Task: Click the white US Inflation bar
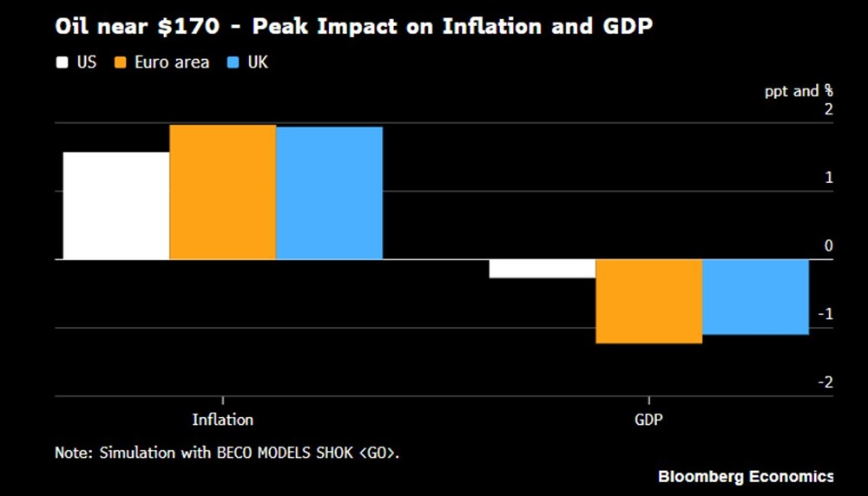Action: (x=116, y=206)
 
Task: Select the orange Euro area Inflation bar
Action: (x=222, y=192)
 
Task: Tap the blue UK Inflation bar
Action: (x=329, y=193)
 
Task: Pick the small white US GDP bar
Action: (x=542, y=269)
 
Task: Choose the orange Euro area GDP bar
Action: (x=648, y=301)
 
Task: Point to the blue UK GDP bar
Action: (x=755, y=297)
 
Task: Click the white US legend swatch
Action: (x=62, y=62)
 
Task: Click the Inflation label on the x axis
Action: (x=222, y=420)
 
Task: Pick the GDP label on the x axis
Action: (x=648, y=420)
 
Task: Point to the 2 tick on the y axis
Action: (x=828, y=109)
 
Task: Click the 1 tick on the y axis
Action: (x=828, y=178)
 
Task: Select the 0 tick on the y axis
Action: (x=828, y=246)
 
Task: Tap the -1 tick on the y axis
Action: (x=825, y=314)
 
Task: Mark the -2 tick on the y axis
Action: (x=825, y=382)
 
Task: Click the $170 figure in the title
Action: (x=201, y=27)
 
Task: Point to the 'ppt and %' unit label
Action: (x=798, y=90)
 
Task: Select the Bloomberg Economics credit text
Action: (x=745, y=476)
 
